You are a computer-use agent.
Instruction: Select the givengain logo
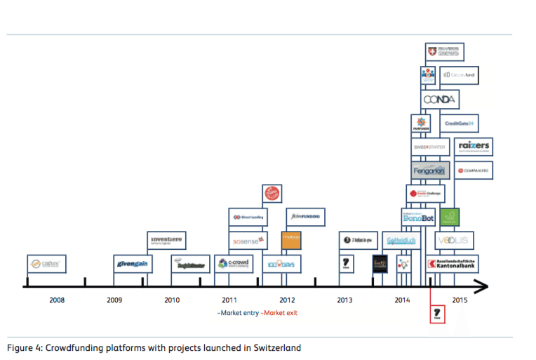point(133,264)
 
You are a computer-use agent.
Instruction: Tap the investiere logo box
point(166,241)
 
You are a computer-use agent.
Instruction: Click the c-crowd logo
point(234,264)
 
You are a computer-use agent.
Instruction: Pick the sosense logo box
point(248,241)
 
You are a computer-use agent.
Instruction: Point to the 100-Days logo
point(282,264)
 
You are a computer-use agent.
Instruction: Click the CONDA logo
point(440,99)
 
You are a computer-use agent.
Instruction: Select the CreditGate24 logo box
point(460,124)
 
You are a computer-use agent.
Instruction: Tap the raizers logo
point(473,147)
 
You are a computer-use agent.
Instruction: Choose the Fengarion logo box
point(430,171)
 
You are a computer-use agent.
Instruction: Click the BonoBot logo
point(419,218)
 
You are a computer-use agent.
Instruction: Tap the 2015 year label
point(460,300)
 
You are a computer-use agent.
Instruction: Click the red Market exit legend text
point(279,312)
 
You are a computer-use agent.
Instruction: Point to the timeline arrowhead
point(482,286)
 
